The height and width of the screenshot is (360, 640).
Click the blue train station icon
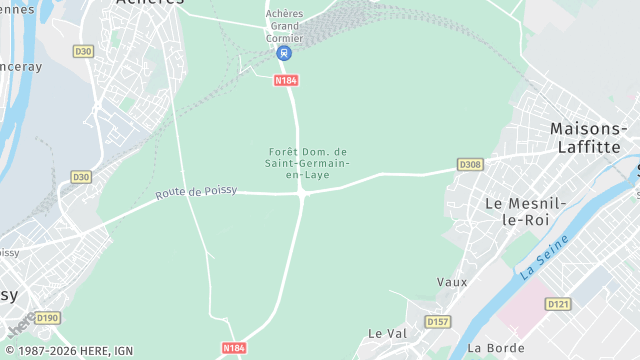(x=285, y=53)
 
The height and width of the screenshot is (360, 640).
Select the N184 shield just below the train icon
(x=286, y=78)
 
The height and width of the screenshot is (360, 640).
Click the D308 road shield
(x=470, y=164)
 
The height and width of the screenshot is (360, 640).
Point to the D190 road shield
(x=48, y=318)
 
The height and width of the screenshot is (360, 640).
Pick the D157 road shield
(x=437, y=321)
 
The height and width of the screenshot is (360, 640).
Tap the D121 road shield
(x=558, y=304)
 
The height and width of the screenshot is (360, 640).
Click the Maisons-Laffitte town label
(x=589, y=137)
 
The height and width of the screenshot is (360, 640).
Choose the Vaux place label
(x=452, y=282)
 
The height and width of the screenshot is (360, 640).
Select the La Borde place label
(x=489, y=348)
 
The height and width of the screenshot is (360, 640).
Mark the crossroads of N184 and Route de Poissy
(x=302, y=193)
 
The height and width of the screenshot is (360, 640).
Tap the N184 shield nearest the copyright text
(x=233, y=348)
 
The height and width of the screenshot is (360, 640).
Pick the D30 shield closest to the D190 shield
(x=81, y=177)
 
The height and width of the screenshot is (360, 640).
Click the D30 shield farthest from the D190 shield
(x=83, y=51)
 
